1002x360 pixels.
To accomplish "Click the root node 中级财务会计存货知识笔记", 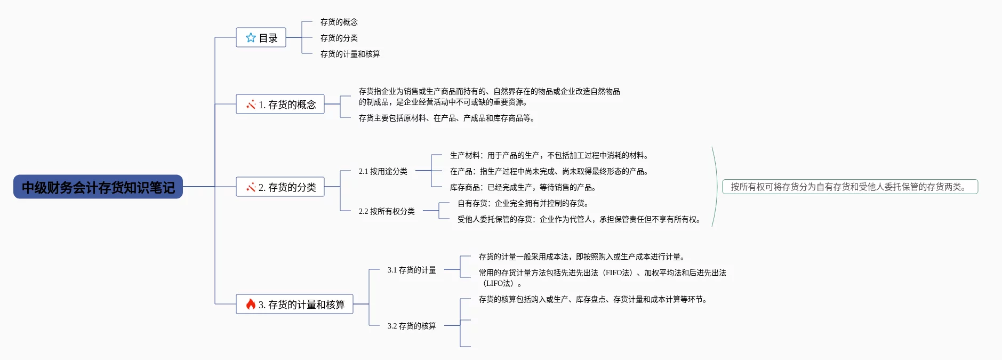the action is (98, 187).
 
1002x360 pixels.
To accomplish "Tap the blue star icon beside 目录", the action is (251, 38).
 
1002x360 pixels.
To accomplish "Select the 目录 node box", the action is (261, 38).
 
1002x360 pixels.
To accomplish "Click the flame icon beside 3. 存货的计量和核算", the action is (251, 304).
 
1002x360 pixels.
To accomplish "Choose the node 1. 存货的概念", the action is (280, 104).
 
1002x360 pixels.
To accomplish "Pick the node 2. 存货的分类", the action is (280, 187).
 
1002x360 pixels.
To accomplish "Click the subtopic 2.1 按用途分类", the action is (383, 171).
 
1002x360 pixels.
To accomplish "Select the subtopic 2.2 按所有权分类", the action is (387, 211).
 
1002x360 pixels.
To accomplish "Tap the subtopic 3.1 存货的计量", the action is (412, 270).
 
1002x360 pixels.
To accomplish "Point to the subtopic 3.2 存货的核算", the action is (412, 326).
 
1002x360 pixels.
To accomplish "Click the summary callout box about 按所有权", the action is (850, 187).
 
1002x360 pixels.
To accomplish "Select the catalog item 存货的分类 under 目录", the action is (339, 38).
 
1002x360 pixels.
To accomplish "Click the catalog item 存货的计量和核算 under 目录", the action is (350, 54).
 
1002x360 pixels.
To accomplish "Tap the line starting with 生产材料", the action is (549, 155).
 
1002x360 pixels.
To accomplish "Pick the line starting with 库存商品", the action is (523, 187).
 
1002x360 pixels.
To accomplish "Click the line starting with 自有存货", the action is (523, 203).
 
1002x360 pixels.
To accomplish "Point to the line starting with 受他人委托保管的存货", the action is (579, 219).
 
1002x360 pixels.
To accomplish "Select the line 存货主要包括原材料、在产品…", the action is (447, 118).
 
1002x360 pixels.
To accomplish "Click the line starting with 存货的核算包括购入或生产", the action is (593, 299).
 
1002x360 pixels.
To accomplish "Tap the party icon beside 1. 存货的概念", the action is (251, 104).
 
